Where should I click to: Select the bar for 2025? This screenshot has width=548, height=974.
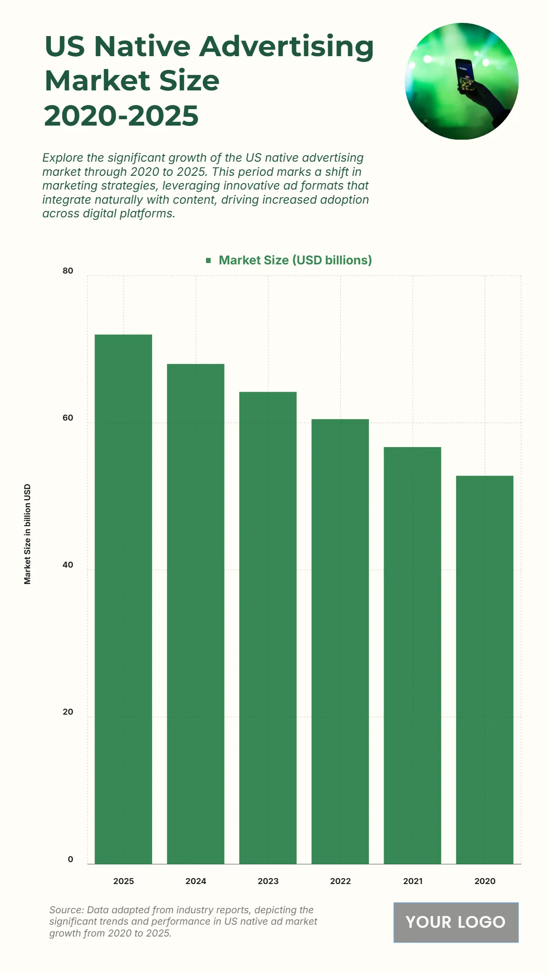pyautogui.click(x=123, y=599)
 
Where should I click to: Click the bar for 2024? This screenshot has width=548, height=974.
pyautogui.click(x=195, y=614)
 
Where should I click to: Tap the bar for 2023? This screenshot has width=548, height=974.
pyautogui.click(x=268, y=628)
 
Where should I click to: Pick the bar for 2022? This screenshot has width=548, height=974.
pyautogui.click(x=340, y=642)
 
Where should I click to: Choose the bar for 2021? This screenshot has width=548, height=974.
pyautogui.click(x=412, y=655)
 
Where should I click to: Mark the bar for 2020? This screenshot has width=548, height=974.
pyautogui.click(x=485, y=670)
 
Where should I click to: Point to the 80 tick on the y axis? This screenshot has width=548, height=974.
pyautogui.click(x=68, y=271)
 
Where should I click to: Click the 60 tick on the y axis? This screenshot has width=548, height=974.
pyautogui.click(x=68, y=418)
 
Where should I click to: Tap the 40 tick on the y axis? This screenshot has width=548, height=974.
pyautogui.click(x=68, y=565)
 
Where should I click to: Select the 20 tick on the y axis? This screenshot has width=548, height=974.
pyautogui.click(x=68, y=712)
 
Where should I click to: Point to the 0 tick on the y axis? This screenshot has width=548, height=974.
pyautogui.click(x=70, y=859)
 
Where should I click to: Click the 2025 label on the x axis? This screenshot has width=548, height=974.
pyautogui.click(x=123, y=881)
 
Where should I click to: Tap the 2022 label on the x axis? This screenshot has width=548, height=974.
pyautogui.click(x=340, y=881)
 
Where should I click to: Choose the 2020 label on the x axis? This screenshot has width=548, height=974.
pyautogui.click(x=485, y=881)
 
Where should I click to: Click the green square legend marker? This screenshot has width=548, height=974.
pyautogui.click(x=209, y=260)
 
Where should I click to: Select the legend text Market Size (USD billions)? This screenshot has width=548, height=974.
pyautogui.click(x=295, y=260)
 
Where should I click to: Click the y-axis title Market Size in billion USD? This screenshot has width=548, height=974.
pyautogui.click(x=27, y=534)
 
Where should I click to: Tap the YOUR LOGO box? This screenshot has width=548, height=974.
pyautogui.click(x=456, y=922)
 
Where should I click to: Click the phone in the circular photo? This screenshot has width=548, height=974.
pyautogui.click(x=465, y=75)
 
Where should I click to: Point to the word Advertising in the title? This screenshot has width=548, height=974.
pyautogui.click(x=286, y=47)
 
